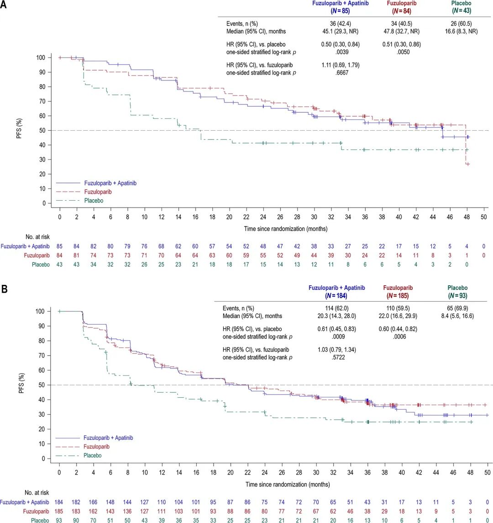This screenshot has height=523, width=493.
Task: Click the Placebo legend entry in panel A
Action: (x=94, y=200)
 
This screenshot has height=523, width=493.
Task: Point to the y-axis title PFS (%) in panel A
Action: (x=19, y=130)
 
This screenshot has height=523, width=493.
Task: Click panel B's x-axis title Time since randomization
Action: (x=273, y=484)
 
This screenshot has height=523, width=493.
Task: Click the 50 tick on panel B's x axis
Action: (x=487, y=471)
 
